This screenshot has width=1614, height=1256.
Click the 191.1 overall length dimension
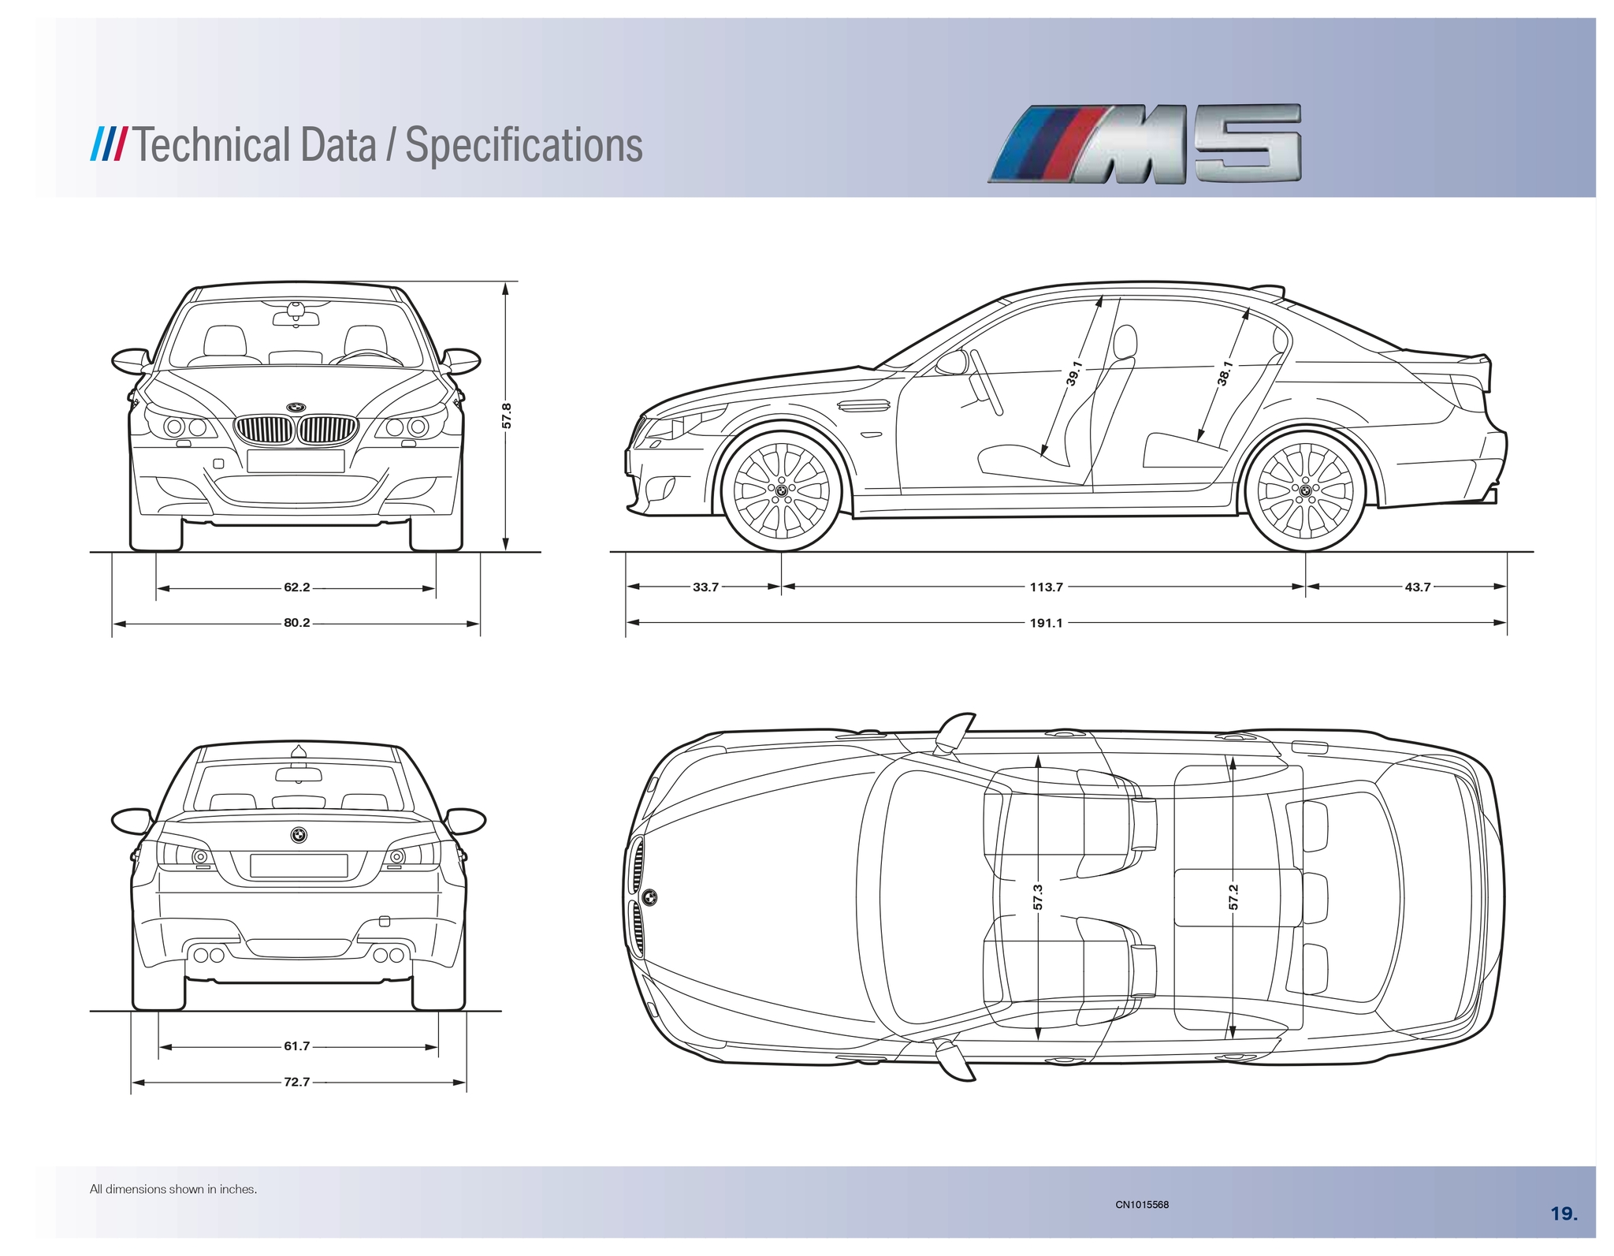pyautogui.click(x=1046, y=623)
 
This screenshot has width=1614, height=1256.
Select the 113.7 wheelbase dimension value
pyautogui.click(x=1046, y=587)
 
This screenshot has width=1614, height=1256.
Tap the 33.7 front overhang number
pyautogui.click(x=705, y=587)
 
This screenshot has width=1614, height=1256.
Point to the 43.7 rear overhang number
pyautogui.click(x=1417, y=587)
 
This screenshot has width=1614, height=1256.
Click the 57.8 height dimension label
pyautogui.click(x=507, y=416)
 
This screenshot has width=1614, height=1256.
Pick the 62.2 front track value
pyautogui.click(x=297, y=587)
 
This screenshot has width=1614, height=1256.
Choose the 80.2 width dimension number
pyautogui.click(x=297, y=623)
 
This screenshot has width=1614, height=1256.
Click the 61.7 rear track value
pyautogui.click(x=297, y=1046)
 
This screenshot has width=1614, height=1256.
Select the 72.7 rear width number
pyautogui.click(x=297, y=1082)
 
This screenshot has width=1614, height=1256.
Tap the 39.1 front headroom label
pyautogui.click(x=1073, y=374)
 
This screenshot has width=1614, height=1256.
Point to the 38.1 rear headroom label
pyautogui.click(x=1225, y=373)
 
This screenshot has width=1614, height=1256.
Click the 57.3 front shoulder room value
pyautogui.click(x=1038, y=896)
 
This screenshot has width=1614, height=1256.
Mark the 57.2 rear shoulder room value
pyautogui.click(x=1233, y=896)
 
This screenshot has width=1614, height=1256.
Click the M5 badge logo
pyautogui.click(x=1144, y=144)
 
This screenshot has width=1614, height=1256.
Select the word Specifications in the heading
pyautogui.click(x=523, y=145)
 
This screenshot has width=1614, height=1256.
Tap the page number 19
pyautogui.click(x=1564, y=1213)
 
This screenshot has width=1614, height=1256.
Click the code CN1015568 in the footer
pyautogui.click(x=1142, y=1204)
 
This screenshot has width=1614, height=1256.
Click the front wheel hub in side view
pyautogui.click(x=781, y=490)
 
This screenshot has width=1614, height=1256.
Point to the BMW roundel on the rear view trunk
pyautogui.click(x=299, y=835)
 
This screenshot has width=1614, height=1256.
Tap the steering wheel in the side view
pyautogui.click(x=986, y=382)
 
